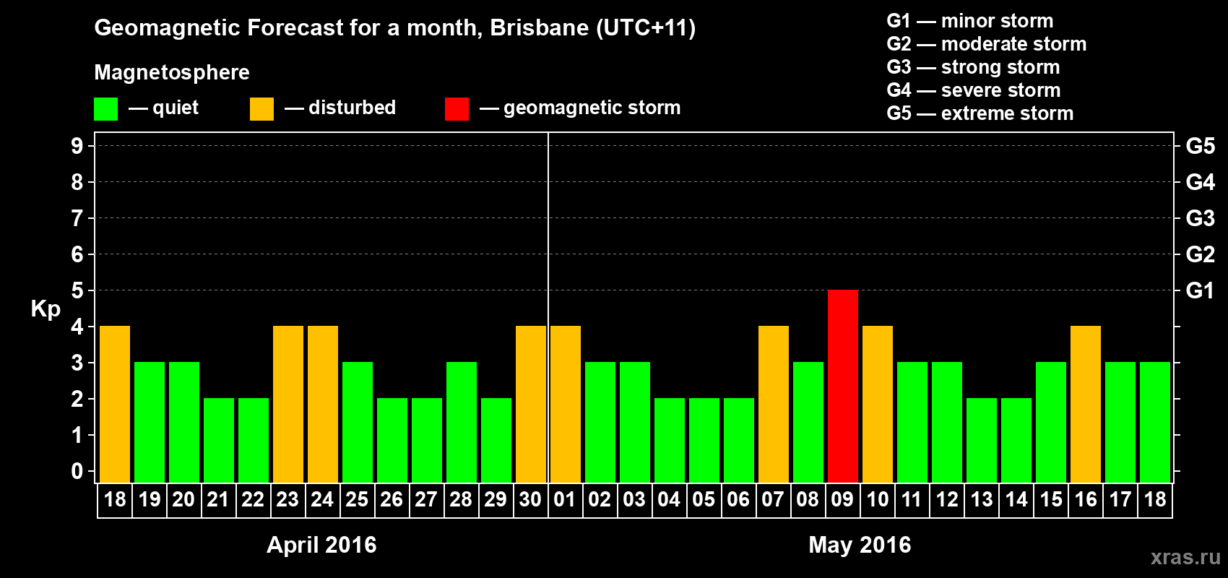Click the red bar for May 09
point(843,386)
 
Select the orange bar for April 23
point(288,404)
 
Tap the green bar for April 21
point(219,440)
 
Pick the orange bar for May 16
point(1086,404)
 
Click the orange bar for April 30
point(531,404)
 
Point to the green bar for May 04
point(670,440)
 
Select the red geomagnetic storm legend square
point(457,109)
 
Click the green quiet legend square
point(105,109)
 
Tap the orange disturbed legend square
point(261,109)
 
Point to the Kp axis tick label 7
point(77,218)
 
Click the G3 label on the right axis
point(1200,218)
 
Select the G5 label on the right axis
point(1200,146)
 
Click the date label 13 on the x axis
point(981,500)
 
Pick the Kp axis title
point(46,309)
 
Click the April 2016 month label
point(321,545)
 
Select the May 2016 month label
point(860,545)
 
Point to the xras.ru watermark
point(1185,557)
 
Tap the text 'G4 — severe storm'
point(974,90)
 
